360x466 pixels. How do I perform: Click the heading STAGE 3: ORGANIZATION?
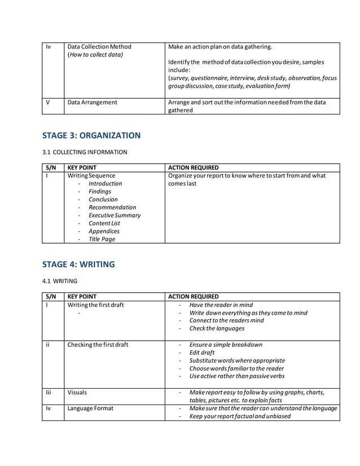[91, 135]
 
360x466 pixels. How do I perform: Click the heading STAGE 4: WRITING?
[78, 264]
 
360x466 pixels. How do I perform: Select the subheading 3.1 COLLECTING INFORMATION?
[85, 152]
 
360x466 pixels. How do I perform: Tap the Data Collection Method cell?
[99, 46]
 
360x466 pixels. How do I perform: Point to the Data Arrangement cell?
[93, 102]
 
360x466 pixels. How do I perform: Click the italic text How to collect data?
[95, 55]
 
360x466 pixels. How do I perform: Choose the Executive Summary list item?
[115, 215]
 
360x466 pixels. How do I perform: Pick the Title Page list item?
[102, 239]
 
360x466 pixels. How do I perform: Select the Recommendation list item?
[112, 207]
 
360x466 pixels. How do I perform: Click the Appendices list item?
[104, 231]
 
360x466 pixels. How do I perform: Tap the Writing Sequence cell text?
[91, 175]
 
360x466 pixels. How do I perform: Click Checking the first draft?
[98, 345]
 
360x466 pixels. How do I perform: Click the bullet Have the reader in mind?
[221, 305]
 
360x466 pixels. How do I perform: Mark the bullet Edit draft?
[202, 353]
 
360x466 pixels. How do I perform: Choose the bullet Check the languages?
[217, 328]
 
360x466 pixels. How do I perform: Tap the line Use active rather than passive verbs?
[237, 376]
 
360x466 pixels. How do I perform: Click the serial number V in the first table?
[47, 102]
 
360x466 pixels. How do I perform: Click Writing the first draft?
[95, 305]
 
